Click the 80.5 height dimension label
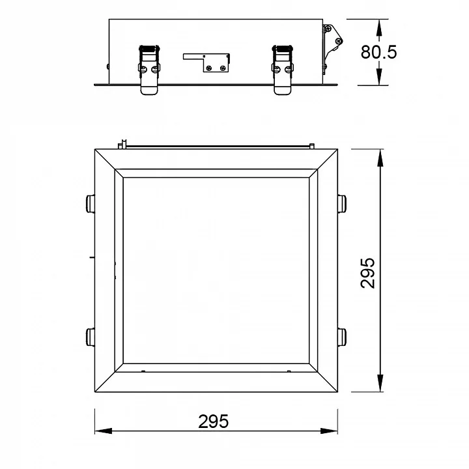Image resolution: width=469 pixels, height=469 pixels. pyautogui.click(x=378, y=51)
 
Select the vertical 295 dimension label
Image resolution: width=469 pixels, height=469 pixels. pyautogui.click(x=367, y=273)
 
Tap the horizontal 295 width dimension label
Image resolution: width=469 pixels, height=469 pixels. pyautogui.click(x=213, y=421)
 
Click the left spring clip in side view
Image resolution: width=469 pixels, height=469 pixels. pyautogui.click(x=149, y=70)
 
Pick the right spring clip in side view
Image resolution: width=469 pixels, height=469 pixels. pyautogui.click(x=283, y=70)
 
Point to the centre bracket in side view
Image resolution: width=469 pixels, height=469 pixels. pyautogui.click(x=206, y=63)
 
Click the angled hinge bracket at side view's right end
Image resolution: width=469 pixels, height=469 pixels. pyautogui.click(x=332, y=48)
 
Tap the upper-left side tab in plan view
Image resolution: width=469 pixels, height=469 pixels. pyautogui.click(x=91, y=204)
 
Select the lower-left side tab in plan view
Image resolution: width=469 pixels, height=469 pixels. pyautogui.click(x=91, y=337)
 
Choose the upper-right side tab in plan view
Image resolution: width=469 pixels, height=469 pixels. pyautogui.click(x=342, y=204)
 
